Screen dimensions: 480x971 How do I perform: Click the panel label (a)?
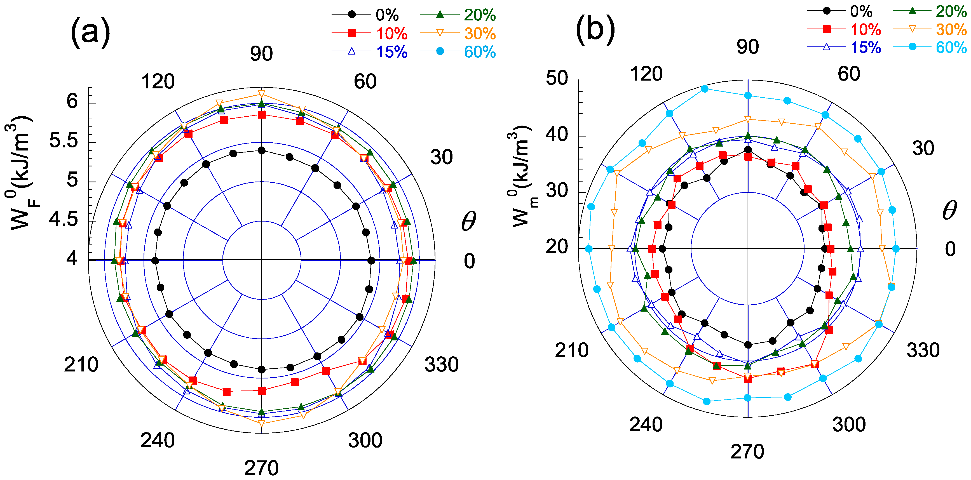point(90,33)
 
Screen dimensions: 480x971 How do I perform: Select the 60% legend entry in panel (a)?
point(479,52)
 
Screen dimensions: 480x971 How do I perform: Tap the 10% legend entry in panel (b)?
point(866,29)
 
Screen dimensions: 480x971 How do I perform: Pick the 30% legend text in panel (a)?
point(479,34)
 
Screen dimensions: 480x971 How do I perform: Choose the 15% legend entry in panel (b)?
point(866,48)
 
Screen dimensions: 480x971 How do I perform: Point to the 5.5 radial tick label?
point(63,140)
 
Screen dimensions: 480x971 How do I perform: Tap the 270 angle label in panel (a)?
point(261,468)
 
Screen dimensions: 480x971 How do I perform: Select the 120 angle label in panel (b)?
point(646,74)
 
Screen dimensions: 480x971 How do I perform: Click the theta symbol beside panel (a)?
point(468,221)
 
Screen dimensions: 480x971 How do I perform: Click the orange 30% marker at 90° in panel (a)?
point(262,93)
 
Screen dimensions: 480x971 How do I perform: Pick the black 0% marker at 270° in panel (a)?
point(262,370)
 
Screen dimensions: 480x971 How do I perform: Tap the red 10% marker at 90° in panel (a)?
point(262,114)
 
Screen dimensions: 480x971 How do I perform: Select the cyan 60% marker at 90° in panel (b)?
point(748,96)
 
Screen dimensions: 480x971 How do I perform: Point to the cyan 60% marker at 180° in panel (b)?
point(589,249)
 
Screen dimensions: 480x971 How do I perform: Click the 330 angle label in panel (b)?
point(923,350)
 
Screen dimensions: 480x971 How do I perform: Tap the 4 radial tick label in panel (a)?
point(72,258)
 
